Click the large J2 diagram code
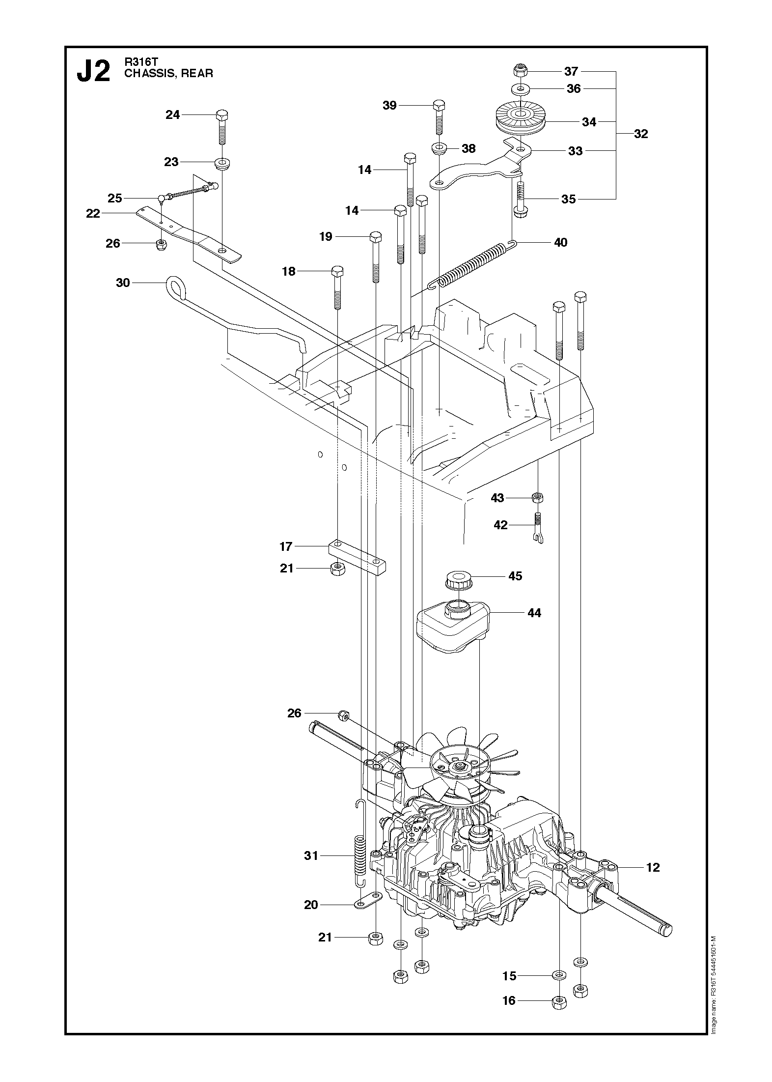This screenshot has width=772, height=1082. pyautogui.click(x=93, y=72)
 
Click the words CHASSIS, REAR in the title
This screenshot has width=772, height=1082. pyautogui.click(x=168, y=74)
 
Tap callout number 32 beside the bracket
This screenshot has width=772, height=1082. pyautogui.click(x=641, y=134)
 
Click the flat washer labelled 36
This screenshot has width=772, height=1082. pyautogui.click(x=521, y=89)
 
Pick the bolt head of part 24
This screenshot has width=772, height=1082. pyautogui.click(x=222, y=116)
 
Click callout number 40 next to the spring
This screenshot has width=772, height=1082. pyautogui.click(x=560, y=242)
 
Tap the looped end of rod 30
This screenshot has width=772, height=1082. pyautogui.click(x=176, y=286)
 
